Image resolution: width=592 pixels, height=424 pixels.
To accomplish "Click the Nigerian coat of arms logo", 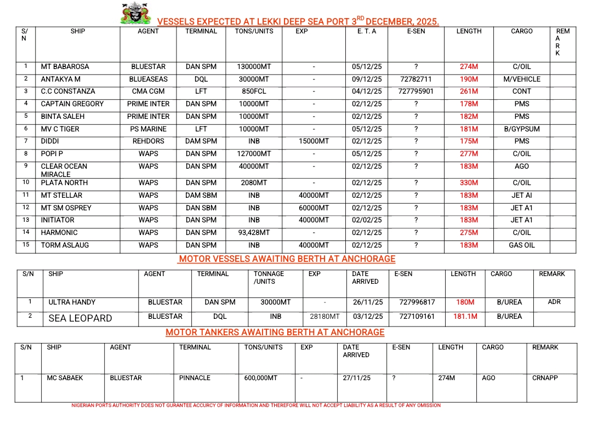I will point(135,13).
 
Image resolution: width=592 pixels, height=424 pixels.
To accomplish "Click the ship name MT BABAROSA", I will point(65,67).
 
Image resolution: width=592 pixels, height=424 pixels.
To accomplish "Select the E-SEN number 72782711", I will point(416,79).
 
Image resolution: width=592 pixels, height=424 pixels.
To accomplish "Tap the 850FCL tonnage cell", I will point(254,91).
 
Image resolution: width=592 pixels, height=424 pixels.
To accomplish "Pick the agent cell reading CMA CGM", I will point(148,91).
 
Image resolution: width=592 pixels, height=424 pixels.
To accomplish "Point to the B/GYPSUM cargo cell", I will point(521,129).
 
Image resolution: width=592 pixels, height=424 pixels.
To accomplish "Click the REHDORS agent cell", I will point(148,141).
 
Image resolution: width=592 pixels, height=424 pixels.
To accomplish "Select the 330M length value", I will point(469,183).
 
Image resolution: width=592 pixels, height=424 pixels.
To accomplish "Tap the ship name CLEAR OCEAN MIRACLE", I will point(64,170).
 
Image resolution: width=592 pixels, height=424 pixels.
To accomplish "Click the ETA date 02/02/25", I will point(367,220).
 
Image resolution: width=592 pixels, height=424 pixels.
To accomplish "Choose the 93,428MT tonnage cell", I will point(254,233).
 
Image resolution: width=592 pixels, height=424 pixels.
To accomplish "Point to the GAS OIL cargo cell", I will point(521,245).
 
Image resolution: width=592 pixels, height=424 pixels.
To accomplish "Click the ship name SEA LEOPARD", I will point(80,318).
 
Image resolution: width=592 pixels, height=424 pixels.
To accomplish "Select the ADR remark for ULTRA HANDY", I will point(554,302).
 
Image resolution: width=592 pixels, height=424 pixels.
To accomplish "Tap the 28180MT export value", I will point(324,317).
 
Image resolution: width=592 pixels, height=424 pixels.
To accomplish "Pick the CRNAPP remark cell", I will point(545,378).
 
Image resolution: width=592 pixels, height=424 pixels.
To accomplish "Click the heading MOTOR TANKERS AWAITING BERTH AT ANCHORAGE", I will point(275,333).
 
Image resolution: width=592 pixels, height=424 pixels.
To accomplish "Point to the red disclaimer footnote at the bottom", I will point(256,406).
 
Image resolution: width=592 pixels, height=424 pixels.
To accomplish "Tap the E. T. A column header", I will point(367,31).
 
